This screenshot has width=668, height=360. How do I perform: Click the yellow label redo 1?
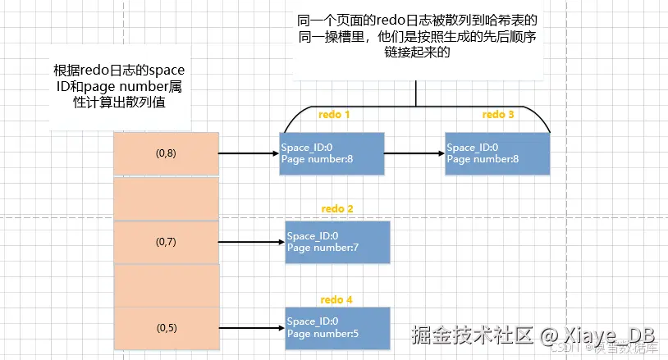click(x=333, y=115)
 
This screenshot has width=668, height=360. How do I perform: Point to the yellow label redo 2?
click(x=336, y=209)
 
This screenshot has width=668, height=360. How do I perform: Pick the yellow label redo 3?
click(x=498, y=115)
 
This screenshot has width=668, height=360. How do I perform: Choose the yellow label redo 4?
click(x=336, y=299)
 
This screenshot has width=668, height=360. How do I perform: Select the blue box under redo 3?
click(x=496, y=153)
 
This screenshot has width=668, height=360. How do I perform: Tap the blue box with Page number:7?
click(x=337, y=242)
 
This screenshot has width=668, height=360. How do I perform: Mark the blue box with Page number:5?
click(x=337, y=326)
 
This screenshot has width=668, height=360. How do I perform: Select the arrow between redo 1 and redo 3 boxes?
click(x=414, y=153)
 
